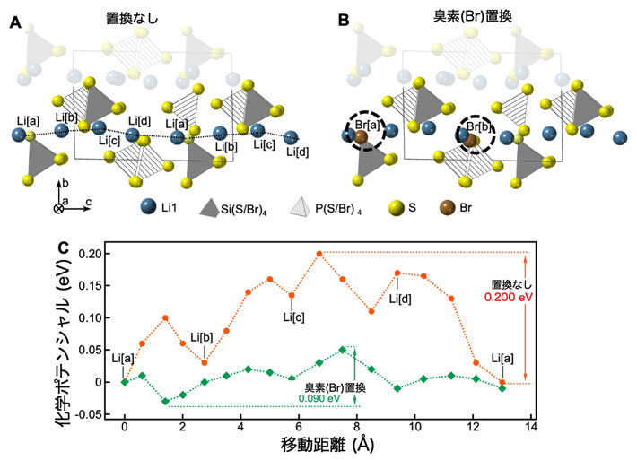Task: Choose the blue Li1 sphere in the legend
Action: click(147, 208)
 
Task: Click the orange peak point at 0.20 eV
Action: click(319, 253)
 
